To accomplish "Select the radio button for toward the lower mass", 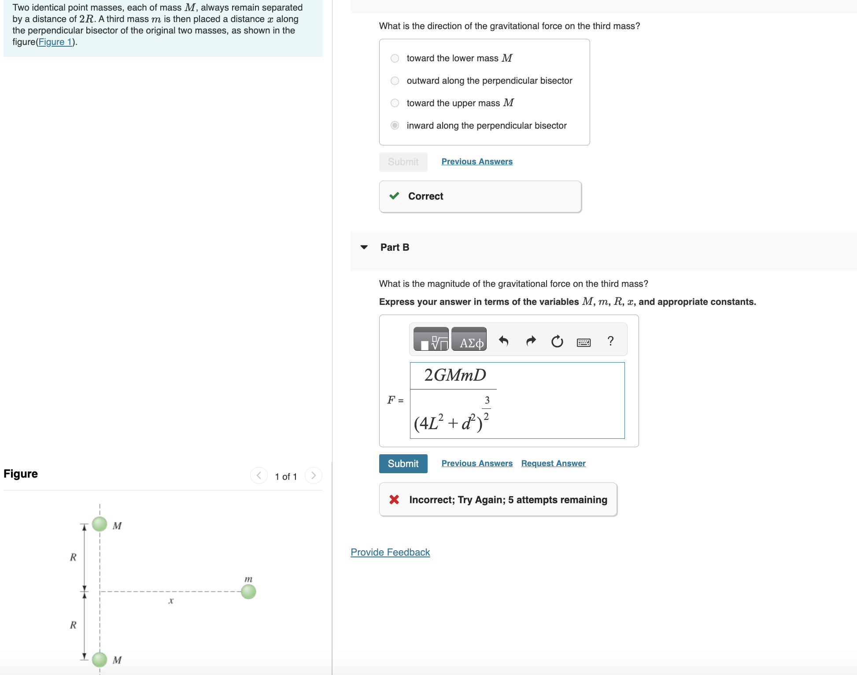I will (395, 58).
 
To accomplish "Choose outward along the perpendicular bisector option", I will (395, 81).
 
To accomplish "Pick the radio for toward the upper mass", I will (395, 103).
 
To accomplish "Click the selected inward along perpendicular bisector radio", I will (395, 126).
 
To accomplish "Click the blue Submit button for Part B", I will (403, 464).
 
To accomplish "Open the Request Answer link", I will (553, 464).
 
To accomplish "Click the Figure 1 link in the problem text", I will (55, 42).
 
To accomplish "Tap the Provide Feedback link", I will (390, 552).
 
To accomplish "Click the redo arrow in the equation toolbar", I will (531, 341).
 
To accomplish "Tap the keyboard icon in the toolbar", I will (584, 342).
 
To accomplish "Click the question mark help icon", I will (610, 341).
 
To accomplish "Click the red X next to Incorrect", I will (394, 500).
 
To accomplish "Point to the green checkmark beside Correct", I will (394, 196).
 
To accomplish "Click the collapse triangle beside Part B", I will (364, 247).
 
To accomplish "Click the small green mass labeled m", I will (248, 591).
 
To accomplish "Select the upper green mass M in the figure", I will (100, 524).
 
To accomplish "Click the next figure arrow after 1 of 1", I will (313, 475).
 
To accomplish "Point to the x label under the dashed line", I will (171, 601).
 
